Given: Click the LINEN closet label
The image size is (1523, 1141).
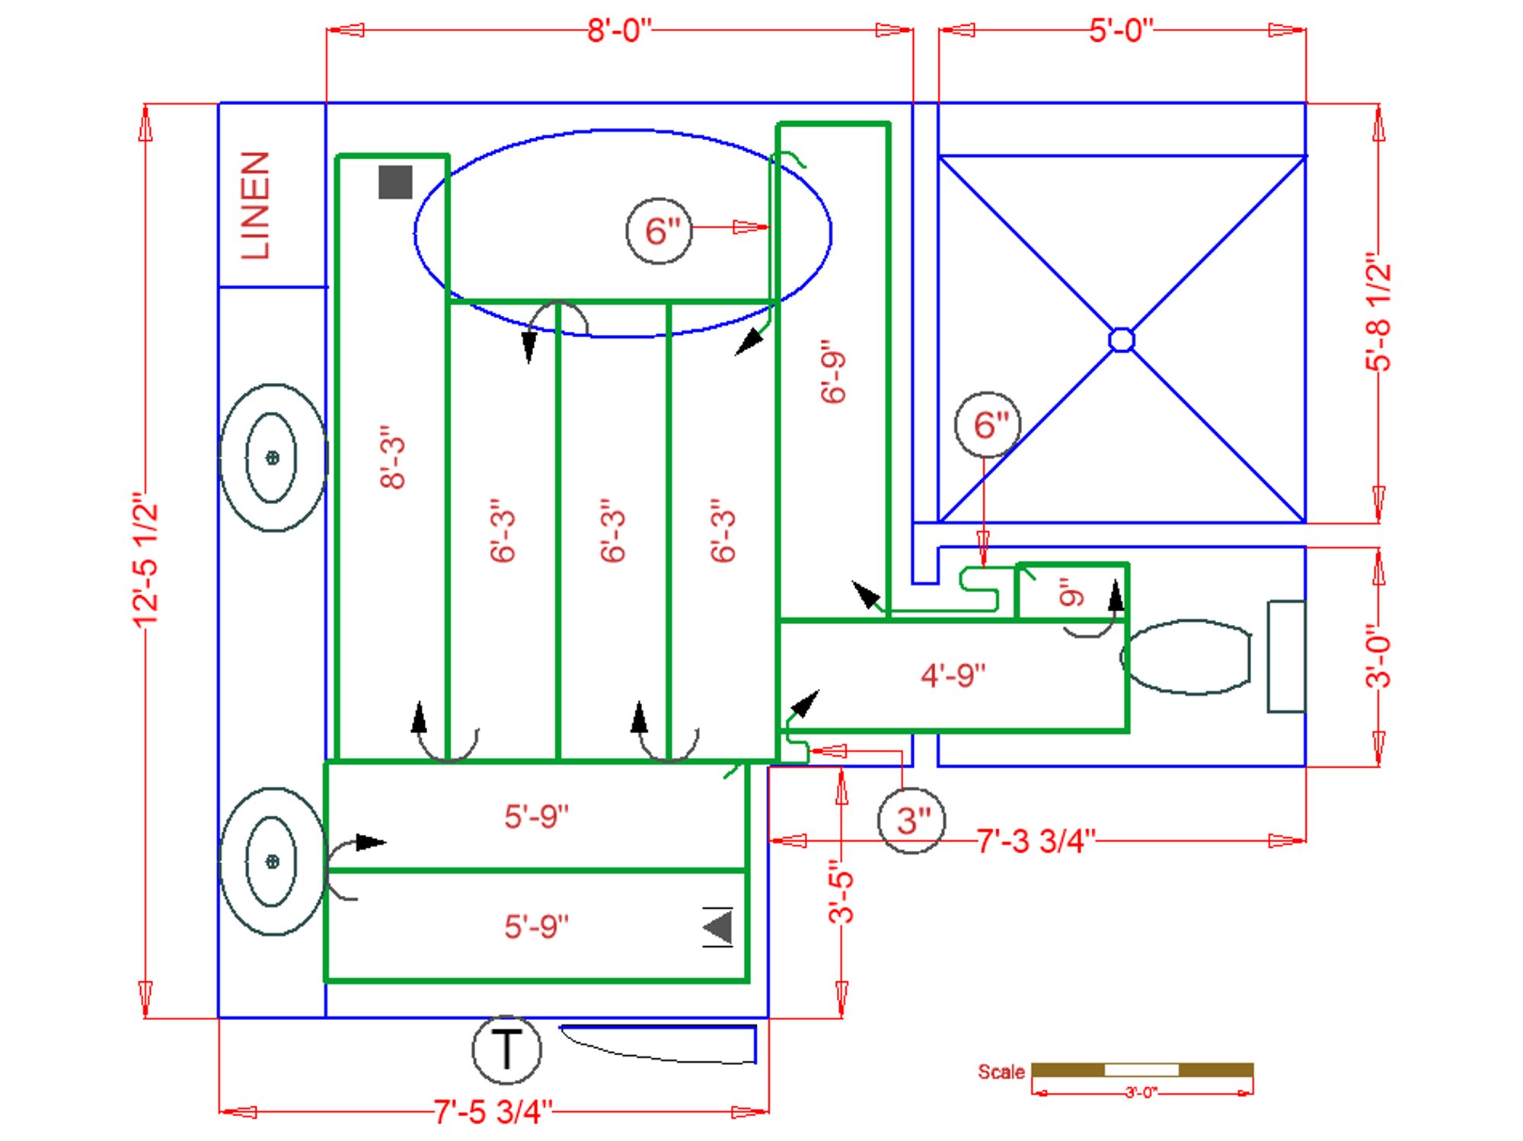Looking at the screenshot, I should (x=255, y=206).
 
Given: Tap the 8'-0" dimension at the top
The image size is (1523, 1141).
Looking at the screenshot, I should (x=619, y=30).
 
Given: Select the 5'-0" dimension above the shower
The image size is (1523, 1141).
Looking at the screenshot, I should (x=1121, y=30).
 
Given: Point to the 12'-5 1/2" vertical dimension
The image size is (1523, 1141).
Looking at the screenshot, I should (x=145, y=559).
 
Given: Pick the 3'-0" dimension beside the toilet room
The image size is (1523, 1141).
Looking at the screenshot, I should (x=1378, y=656).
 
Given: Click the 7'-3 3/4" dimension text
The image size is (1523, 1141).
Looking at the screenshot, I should (x=1036, y=841).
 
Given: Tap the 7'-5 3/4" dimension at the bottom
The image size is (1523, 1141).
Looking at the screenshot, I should (x=493, y=1111).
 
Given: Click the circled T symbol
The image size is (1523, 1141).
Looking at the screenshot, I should (x=506, y=1049).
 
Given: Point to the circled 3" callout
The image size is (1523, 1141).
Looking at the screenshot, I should (x=912, y=821).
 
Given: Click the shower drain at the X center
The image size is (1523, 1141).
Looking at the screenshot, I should (x=1121, y=339).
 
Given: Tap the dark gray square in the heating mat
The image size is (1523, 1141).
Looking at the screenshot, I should (x=395, y=183).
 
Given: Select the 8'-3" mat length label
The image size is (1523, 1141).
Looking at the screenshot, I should (x=393, y=457).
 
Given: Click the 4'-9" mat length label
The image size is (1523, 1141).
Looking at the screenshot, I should (x=953, y=675).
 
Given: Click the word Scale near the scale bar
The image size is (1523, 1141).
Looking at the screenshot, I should (x=1001, y=1072).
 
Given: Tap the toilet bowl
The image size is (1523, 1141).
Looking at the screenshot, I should (x=1188, y=657).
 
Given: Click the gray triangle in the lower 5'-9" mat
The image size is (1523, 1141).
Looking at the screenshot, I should (x=718, y=927).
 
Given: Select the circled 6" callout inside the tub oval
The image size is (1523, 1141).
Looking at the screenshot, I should (x=659, y=231).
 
